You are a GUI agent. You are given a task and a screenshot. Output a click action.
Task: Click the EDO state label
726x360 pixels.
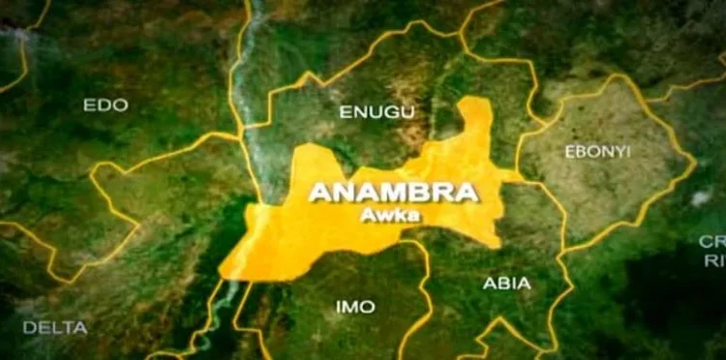pyautogui.click(x=105, y=105)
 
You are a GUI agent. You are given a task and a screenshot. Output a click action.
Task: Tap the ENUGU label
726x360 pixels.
pyautogui.click(x=377, y=112)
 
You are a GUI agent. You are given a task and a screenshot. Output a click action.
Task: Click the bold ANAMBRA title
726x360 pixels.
pyautogui.click(x=393, y=193)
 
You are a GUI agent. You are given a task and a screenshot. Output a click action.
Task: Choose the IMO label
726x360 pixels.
pyautogui.click(x=355, y=307)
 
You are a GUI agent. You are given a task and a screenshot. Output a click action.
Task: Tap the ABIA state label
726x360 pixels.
pyautogui.click(x=506, y=284)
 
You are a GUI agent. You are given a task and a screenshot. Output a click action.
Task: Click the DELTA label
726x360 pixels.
pyautogui.click(x=54, y=328)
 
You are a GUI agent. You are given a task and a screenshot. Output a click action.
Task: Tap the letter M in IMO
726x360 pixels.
pyautogui.click(x=354, y=307)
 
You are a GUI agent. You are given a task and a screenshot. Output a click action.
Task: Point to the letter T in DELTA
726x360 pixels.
pyautogui.click(x=69, y=328)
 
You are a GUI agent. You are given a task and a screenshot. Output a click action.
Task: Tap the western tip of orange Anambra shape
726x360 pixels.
pyautogui.click(x=225, y=272)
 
